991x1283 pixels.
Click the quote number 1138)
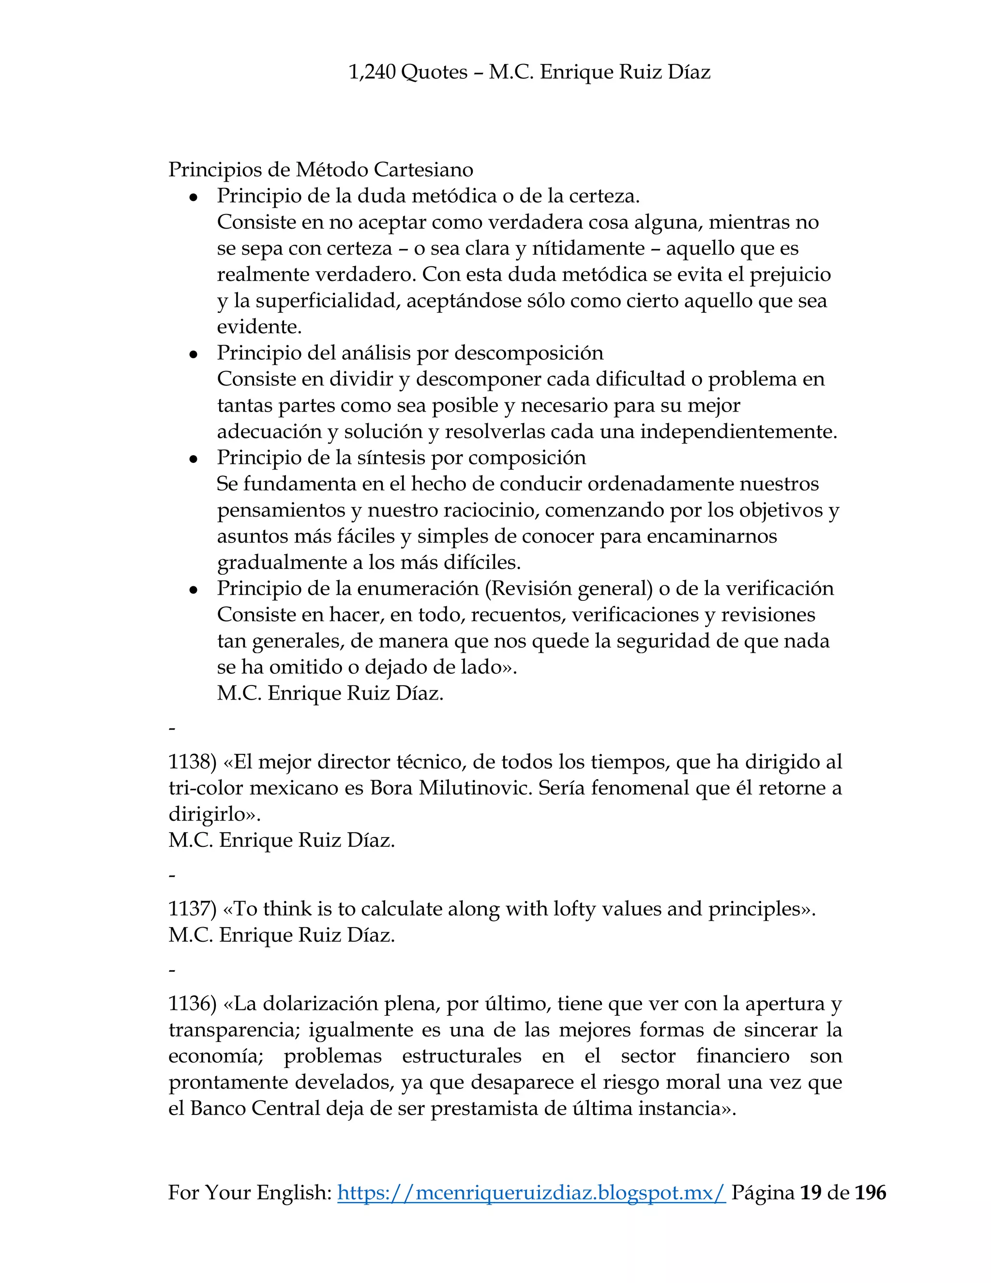(x=193, y=762)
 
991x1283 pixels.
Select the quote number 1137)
(x=193, y=908)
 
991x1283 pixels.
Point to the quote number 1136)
(x=193, y=1003)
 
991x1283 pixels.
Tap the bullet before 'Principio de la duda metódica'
(x=193, y=198)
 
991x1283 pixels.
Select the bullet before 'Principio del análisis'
(x=193, y=355)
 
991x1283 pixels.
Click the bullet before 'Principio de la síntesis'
(x=193, y=459)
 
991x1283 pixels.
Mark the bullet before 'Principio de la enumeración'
(x=193, y=590)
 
